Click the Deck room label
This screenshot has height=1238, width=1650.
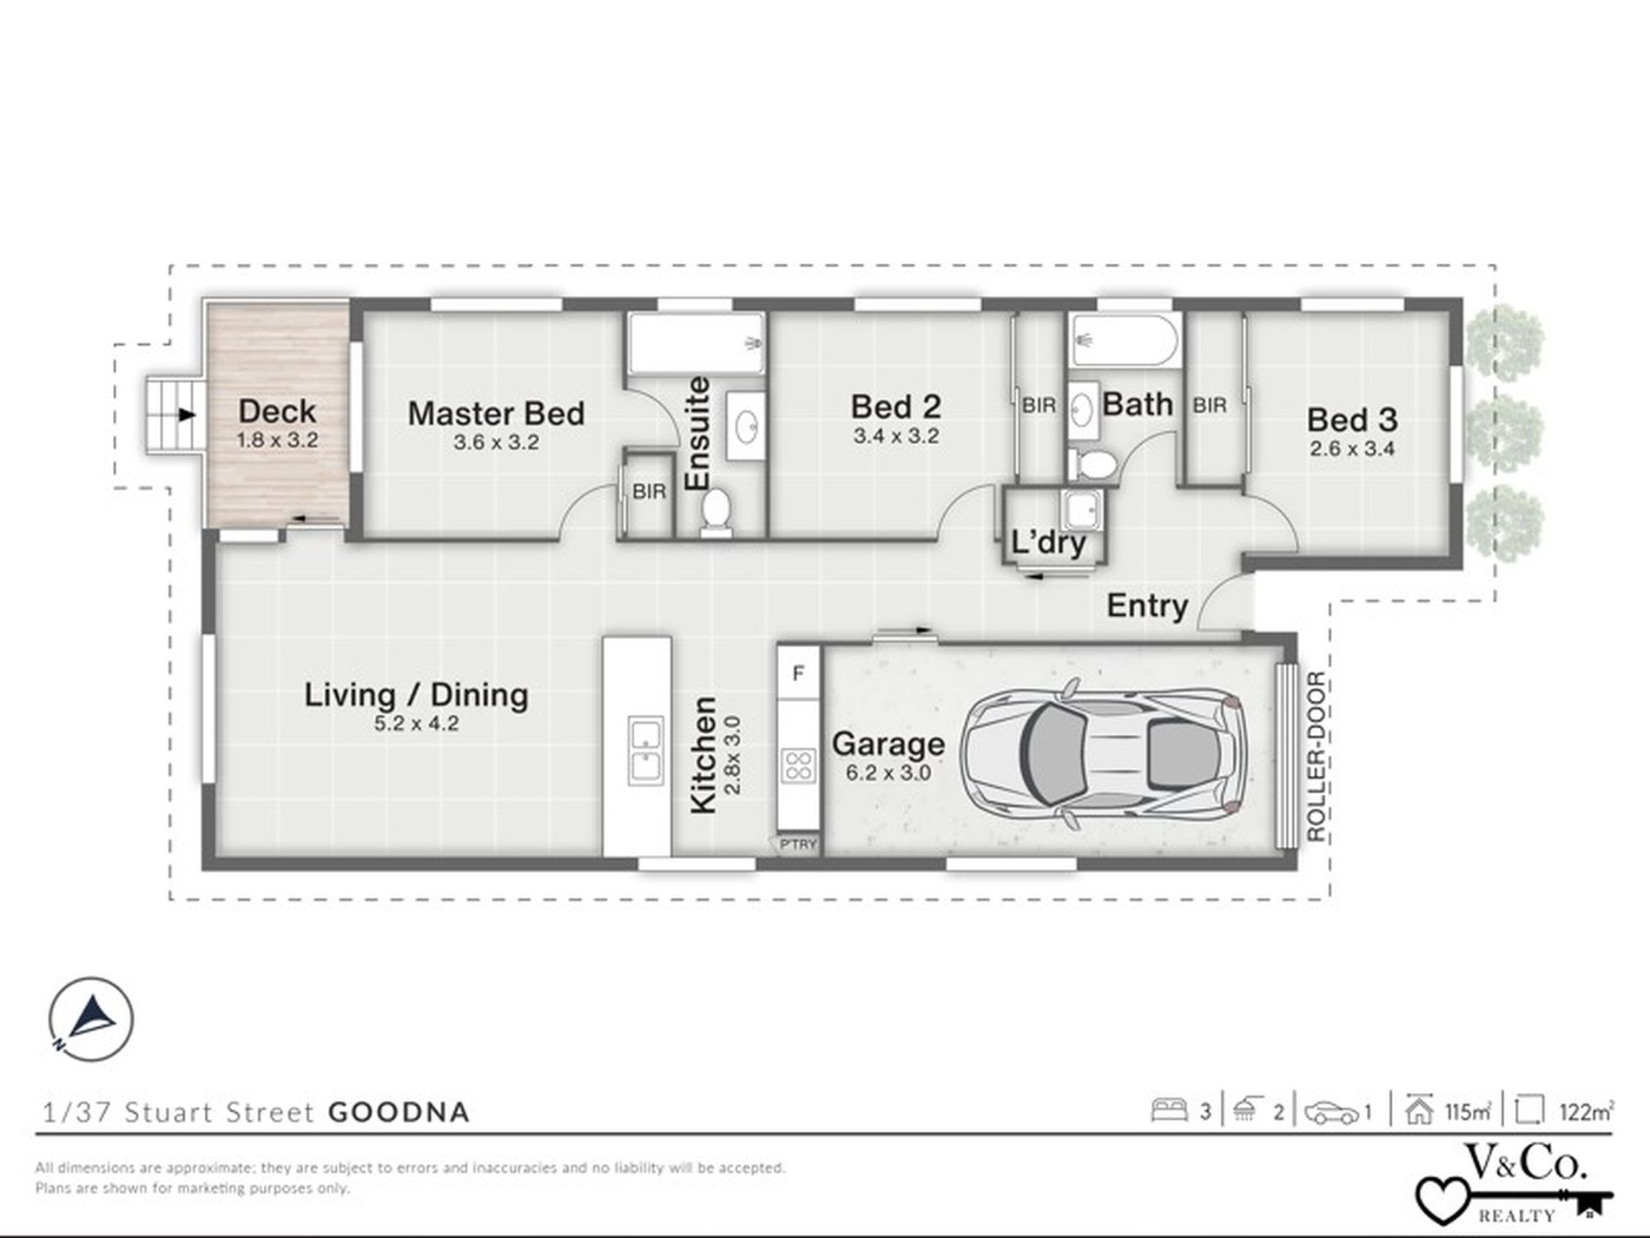pos(277,411)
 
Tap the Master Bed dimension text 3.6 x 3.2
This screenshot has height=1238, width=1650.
pos(496,442)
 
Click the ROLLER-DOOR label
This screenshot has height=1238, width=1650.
pos(1316,757)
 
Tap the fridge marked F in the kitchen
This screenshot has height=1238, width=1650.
pos(799,672)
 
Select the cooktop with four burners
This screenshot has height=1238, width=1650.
pos(798,767)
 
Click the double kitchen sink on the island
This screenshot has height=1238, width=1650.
pos(644,752)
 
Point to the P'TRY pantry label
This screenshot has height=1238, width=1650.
pos(798,844)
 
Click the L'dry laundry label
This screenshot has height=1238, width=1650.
pos(1049,543)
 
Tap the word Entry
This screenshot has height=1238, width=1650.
pos(1147,606)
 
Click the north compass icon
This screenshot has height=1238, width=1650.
pos(91,1020)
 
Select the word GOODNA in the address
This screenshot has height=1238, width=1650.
pos(399,1112)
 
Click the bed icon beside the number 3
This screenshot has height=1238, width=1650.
pos(1169,1110)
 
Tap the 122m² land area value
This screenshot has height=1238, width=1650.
pos(1587,1111)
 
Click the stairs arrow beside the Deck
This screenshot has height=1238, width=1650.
pos(186,415)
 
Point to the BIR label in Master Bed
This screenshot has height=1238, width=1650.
pos(650,492)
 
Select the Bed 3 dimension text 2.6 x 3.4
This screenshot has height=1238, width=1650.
pos(1353,449)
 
